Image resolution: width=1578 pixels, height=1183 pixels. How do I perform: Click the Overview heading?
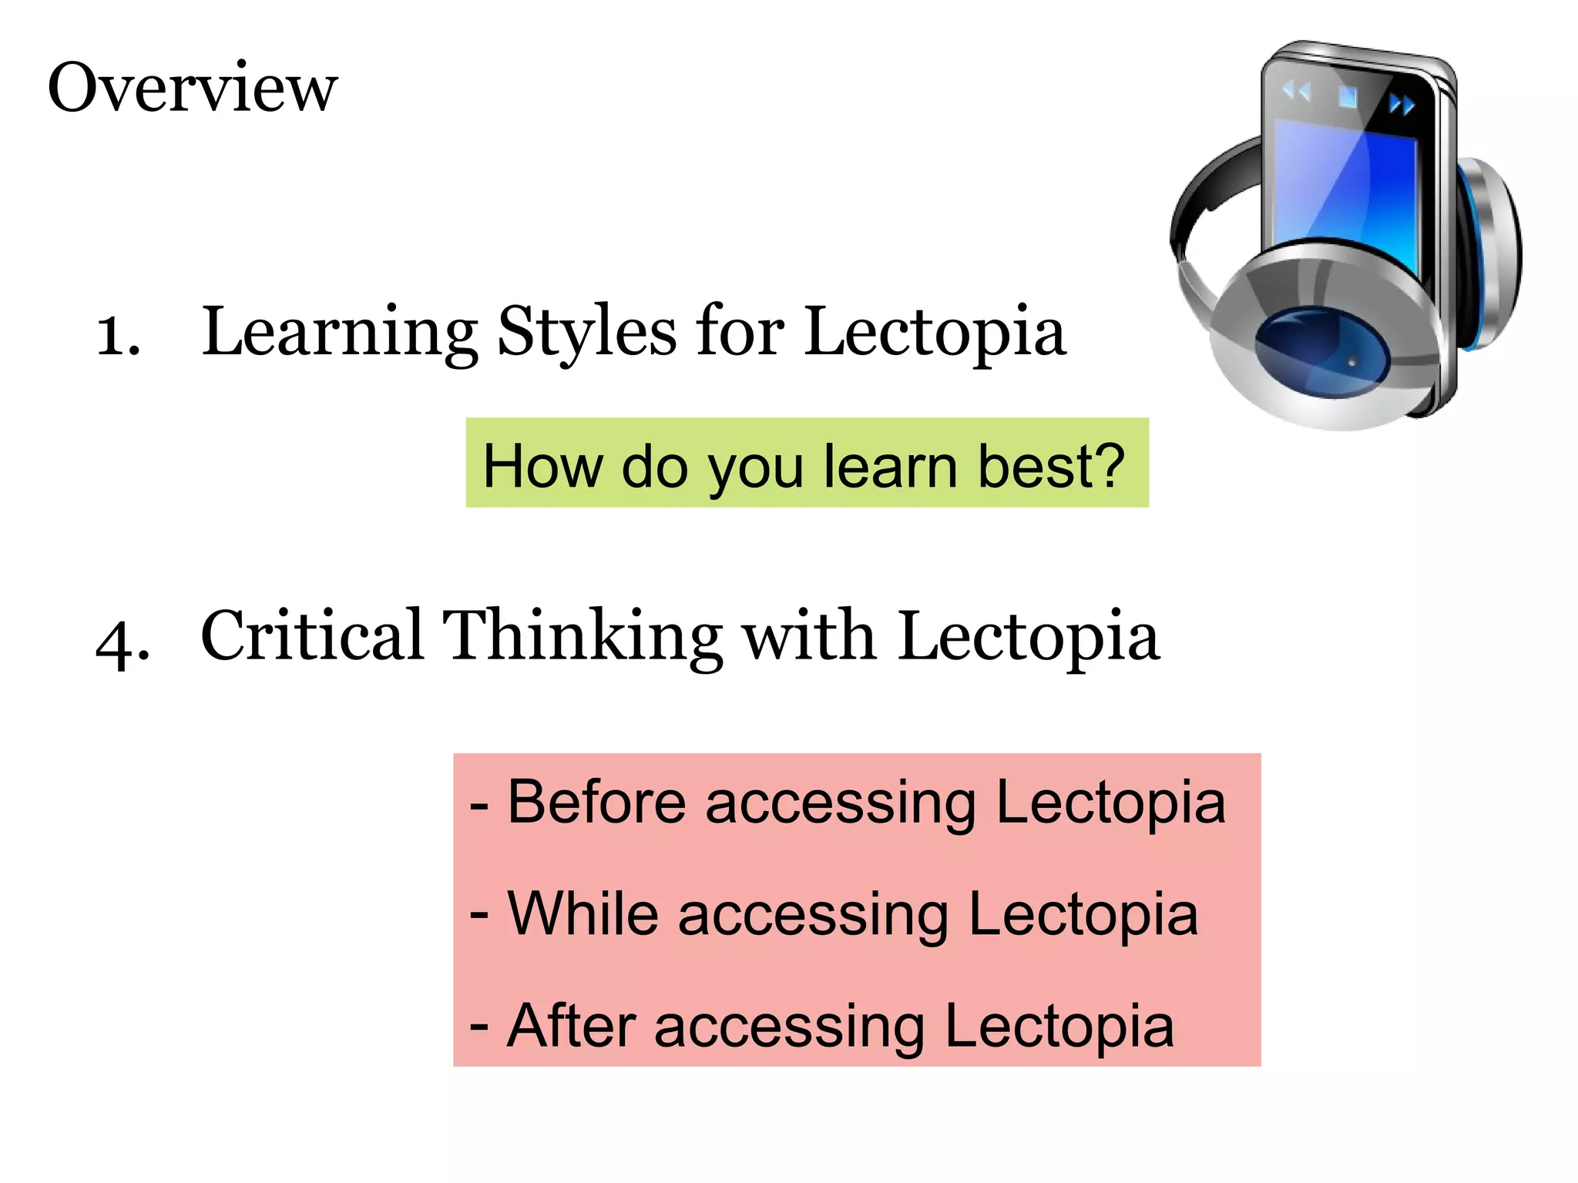(x=193, y=88)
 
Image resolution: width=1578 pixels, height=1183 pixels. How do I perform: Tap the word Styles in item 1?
(x=587, y=333)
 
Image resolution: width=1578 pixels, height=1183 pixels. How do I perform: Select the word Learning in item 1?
(x=339, y=333)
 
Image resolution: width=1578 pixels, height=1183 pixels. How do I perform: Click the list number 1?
(x=117, y=336)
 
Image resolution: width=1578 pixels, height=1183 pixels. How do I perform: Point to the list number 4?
(x=122, y=641)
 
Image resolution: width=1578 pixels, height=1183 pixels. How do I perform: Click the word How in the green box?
(x=542, y=467)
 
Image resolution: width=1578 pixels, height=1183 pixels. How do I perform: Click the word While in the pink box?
(x=583, y=914)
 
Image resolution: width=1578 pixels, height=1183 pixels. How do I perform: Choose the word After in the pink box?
(x=571, y=1026)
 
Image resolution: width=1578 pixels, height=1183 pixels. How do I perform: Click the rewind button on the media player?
(x=1296, y=92)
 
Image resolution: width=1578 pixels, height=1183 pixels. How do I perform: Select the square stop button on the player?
(x=1348, y=97)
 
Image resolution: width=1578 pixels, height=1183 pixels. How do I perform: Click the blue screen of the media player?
(x=1345, y=185)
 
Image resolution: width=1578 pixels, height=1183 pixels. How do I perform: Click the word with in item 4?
(x=808, y=637)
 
